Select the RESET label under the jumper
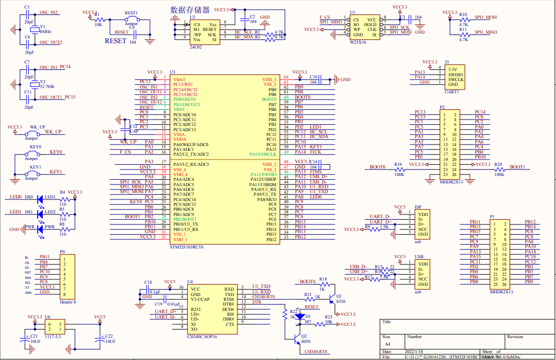[115, 41]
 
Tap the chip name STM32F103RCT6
[186, 247]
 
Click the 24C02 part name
[195, 47]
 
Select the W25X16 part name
[358, 42]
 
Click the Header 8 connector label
[67, 302]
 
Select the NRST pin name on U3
[179, 109]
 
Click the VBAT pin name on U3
[179, 79]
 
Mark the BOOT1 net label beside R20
[517, 167]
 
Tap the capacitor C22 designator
[109, 336]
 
